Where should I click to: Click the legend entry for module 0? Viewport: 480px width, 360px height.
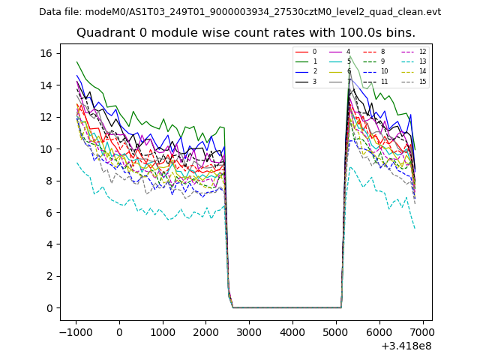click(307, 52)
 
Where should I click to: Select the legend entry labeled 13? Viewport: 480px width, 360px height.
click(415, 61)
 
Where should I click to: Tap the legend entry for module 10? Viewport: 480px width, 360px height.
click(379, 71)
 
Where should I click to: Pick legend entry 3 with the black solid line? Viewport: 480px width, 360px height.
click(307, 81)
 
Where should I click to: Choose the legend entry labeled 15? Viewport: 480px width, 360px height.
click(415, 81)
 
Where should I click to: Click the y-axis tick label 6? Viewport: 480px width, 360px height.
click(49, 212)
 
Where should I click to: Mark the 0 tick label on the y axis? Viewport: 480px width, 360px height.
click(49, 308)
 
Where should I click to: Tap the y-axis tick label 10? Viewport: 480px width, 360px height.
click(46, 148)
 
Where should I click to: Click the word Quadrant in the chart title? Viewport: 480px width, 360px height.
click(103, 33)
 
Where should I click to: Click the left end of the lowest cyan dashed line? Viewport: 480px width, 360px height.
click(76, 162)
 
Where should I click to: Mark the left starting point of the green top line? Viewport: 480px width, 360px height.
click(76, 61)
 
